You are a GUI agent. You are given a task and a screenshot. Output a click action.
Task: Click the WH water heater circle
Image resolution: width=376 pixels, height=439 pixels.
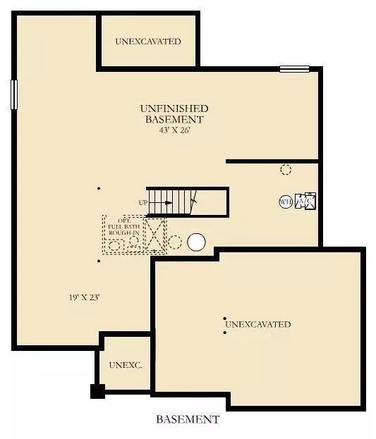(286, 202)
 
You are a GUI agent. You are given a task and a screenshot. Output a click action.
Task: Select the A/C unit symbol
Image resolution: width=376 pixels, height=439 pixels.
(305, 202)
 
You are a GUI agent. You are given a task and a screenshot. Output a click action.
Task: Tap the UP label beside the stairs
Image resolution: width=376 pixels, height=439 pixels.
(143, 203)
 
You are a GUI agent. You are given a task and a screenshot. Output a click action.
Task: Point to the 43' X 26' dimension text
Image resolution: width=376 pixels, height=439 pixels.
(174, 131)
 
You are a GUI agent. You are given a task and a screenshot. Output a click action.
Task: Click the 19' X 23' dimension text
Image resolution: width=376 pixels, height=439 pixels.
(80, 297)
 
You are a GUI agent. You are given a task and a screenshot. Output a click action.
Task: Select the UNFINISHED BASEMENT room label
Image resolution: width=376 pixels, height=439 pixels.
(174, 113)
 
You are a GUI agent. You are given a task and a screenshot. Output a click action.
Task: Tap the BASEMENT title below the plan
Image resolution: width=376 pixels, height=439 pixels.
(188, 419)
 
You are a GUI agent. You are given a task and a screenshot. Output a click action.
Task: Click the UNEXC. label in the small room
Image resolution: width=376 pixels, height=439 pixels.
(126, 365)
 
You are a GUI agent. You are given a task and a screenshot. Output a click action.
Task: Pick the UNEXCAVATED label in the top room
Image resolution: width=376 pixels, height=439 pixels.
(148, 42)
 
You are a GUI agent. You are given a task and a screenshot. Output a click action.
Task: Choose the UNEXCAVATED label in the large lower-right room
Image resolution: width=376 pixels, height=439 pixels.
(258, 325)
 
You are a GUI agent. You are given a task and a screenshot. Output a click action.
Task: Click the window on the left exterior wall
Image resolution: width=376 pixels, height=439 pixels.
(13, 94)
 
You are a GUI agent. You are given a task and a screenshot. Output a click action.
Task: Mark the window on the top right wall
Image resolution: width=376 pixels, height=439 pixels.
(294, 69)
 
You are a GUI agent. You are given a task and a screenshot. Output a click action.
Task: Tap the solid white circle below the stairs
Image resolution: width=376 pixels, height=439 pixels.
(196, 242)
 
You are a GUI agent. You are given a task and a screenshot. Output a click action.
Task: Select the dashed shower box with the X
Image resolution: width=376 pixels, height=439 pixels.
(154, 235)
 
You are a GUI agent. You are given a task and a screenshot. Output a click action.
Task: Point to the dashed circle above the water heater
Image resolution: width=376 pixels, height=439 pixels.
(286, 169)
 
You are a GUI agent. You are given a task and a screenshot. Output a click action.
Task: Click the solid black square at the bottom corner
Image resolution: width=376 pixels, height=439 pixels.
(97, 391)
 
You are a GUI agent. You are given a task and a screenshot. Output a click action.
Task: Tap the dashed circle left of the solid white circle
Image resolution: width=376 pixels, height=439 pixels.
(175, 242)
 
